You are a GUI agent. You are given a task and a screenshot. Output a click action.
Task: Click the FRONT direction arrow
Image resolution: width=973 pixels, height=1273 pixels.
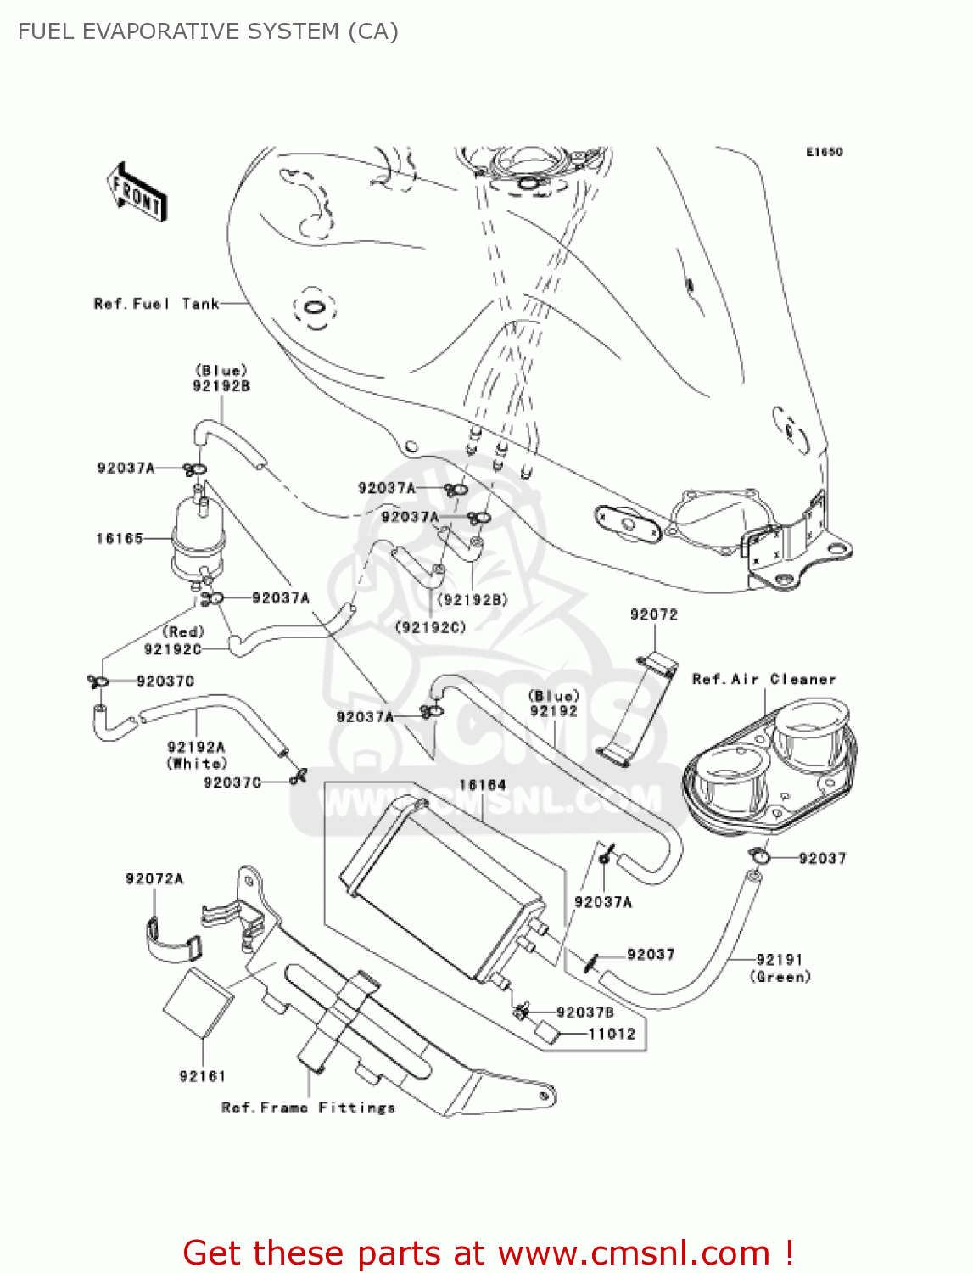point(137,193)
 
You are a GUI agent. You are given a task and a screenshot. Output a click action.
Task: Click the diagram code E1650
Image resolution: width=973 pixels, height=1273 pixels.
point(824,152)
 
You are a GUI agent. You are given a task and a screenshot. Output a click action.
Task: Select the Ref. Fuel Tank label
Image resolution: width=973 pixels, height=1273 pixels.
point(156,304)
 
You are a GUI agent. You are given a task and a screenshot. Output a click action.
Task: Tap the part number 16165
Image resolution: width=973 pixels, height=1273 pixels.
point(120,538)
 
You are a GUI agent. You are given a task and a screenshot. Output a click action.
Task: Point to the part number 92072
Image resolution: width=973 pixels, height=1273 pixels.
point(653,614)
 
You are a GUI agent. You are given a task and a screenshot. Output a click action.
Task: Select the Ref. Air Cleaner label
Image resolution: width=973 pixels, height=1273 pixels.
point(763,679)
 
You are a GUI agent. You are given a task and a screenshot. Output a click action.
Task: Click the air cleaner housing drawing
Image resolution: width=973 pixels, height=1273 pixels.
point(770,764)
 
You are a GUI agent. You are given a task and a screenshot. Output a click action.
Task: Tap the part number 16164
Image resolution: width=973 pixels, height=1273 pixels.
point(482,785)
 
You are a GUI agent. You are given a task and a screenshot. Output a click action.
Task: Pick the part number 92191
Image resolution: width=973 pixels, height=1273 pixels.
point(779,959)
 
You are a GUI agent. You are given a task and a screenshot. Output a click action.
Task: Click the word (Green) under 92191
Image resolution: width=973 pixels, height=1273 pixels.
point(780,977)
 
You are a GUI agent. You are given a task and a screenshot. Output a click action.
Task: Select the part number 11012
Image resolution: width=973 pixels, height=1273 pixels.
point(612,1034)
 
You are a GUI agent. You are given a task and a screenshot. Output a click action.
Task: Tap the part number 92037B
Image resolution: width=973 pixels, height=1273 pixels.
point(584,1012)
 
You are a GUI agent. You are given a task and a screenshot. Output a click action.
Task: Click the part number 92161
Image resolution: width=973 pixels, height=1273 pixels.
point(202,1076)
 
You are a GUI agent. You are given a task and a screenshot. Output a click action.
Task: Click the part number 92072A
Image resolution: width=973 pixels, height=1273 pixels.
point(154,878)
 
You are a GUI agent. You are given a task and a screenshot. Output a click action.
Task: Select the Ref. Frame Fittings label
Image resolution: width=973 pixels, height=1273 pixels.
point(308,1108)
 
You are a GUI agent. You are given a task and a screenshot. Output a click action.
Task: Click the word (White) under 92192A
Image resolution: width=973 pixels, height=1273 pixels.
point(197,763)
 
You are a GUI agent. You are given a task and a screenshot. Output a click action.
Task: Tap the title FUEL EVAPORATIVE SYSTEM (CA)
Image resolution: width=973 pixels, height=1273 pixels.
point(208,31)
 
